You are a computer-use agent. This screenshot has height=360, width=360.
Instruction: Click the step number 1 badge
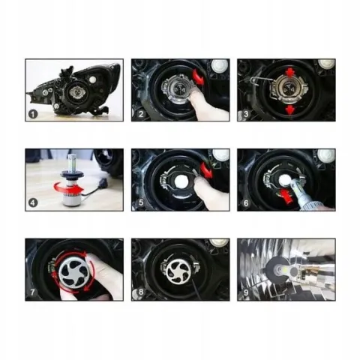pos(33,114)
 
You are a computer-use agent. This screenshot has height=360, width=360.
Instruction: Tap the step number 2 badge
pos(141,114)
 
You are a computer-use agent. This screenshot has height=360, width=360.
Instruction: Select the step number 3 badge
pos(246,114)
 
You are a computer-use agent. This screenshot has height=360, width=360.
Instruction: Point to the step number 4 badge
pos(33,202)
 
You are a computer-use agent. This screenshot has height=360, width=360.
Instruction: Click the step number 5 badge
pos(141,202)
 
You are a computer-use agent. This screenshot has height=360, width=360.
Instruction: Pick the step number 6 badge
pos(246,202)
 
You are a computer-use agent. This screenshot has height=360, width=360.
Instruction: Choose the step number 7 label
pos(32,292)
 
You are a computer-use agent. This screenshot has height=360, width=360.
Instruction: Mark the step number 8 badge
pos(141,292)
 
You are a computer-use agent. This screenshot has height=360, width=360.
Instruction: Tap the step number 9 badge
pos(246,292)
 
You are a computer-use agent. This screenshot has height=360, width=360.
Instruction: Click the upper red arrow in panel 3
pos(290,73)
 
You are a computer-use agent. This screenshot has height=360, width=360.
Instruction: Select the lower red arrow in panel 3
pos(290,109)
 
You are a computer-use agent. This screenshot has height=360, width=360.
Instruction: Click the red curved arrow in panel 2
pos(198,77)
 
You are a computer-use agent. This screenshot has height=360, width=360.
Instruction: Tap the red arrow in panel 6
pos(287,196)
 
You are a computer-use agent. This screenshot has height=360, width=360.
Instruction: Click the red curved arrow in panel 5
pos(206,169)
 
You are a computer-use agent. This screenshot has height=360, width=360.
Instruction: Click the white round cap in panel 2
pos(220,65)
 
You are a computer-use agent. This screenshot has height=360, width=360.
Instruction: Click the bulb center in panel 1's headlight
pos(77,92)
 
